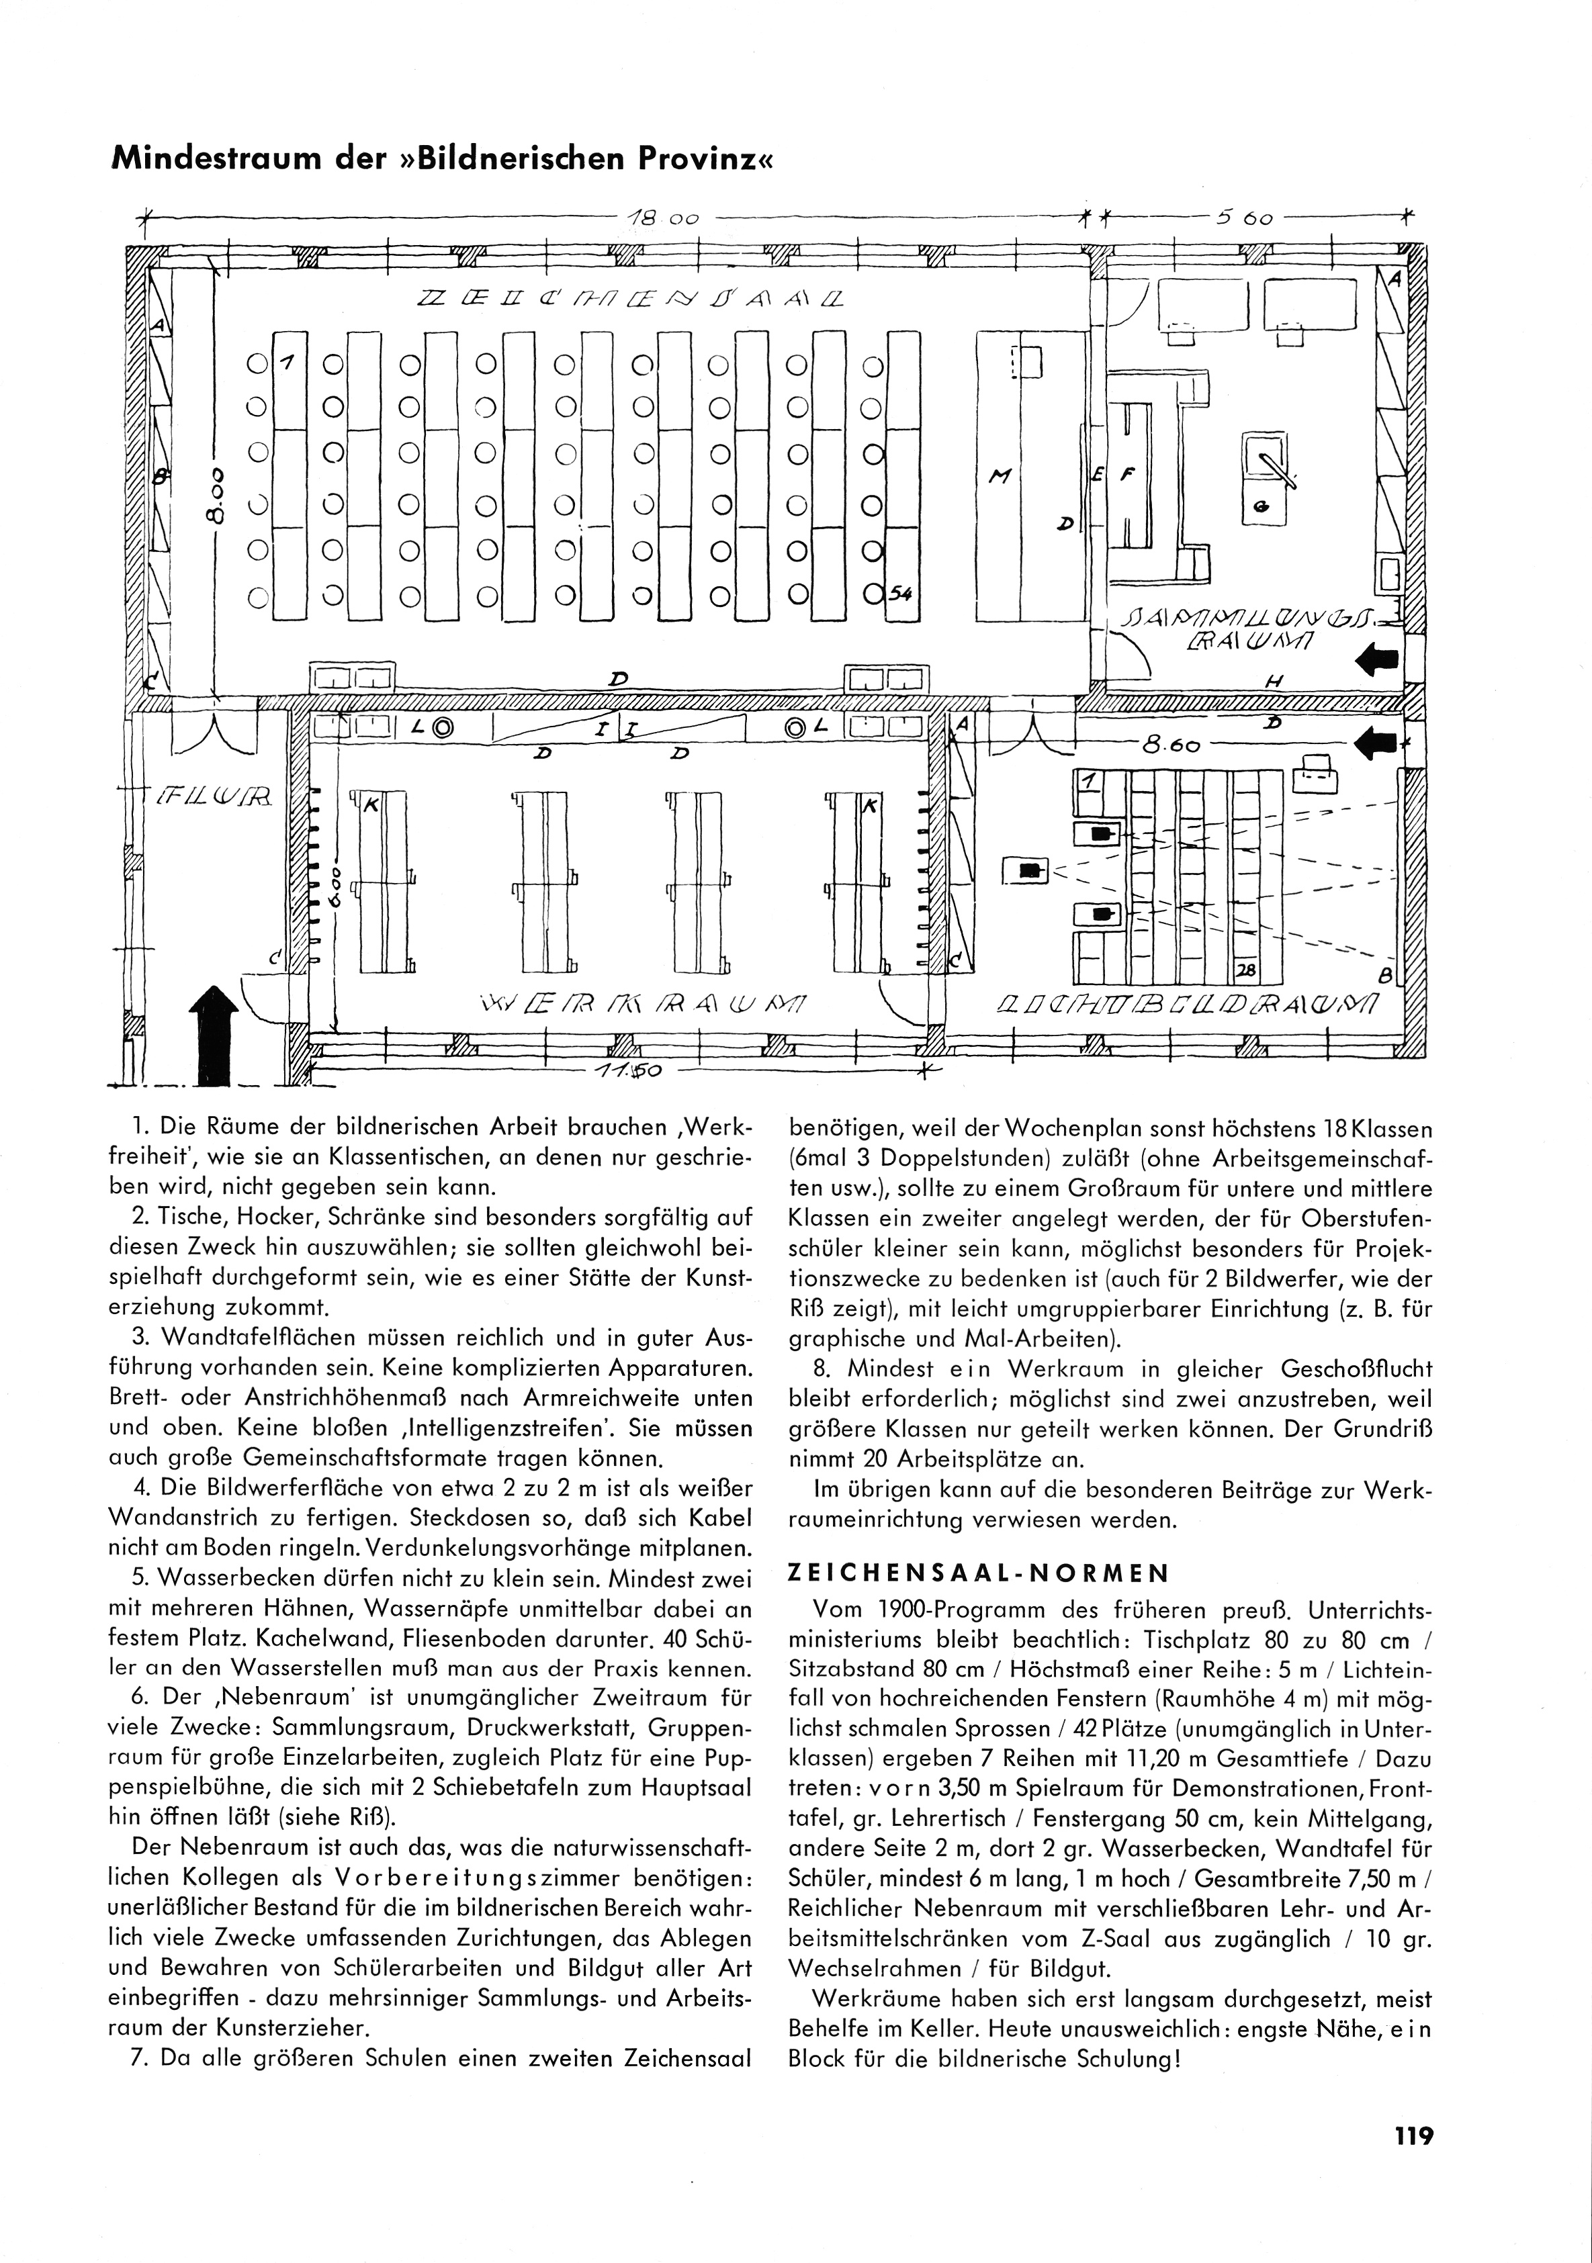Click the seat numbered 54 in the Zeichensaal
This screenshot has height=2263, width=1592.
(x=900, y=592)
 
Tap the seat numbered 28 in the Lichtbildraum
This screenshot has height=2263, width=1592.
(x=1245, y=970)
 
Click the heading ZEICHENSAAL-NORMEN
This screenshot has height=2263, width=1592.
(x=979, y=1573)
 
